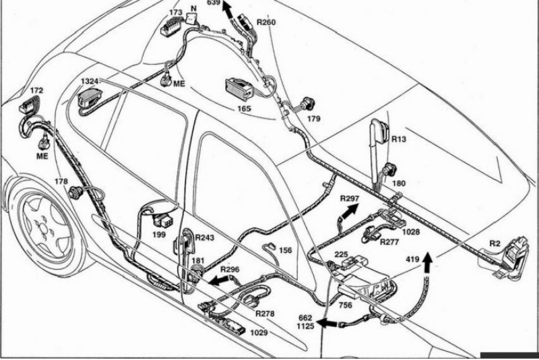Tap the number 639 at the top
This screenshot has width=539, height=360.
tap(214, 3)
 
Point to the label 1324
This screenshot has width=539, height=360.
tap(90, 82)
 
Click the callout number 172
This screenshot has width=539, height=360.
tap(37, 90)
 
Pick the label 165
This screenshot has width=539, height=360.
tap(243, 108)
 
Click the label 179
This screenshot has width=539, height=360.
tap(314, 119)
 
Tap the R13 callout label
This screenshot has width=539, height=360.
tap(399, 139)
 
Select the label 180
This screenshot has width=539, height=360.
tap(399, 183)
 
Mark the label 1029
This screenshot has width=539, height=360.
tap(259, 332)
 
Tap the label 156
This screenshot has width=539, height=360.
tap(285, 250)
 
